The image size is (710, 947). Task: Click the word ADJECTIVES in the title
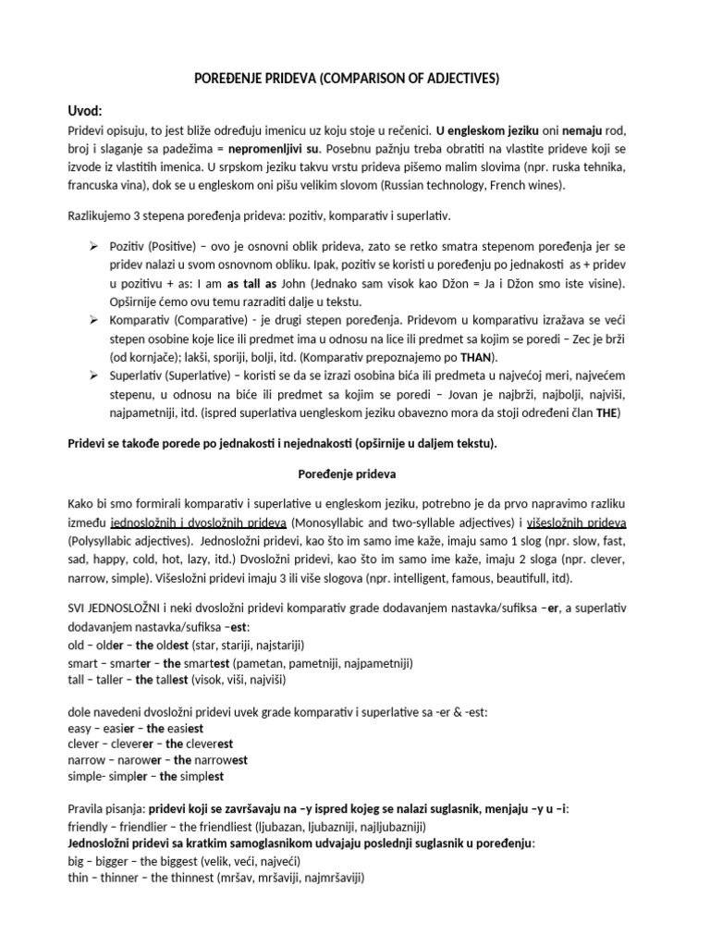[x=453, y=79]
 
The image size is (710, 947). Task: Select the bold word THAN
[x=480, y=357]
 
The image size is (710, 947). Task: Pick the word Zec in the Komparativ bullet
[x=599, y=338]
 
